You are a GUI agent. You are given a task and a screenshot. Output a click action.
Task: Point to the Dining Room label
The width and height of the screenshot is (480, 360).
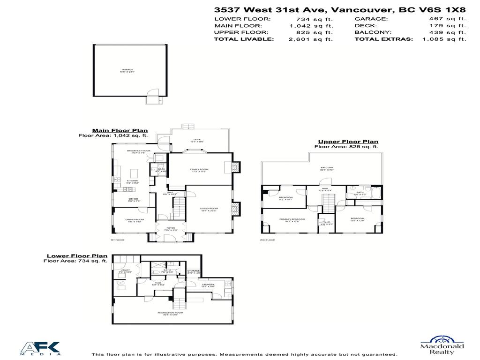coord(134,220)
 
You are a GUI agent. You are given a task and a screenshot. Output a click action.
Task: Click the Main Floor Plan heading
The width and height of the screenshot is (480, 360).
coord(120,131)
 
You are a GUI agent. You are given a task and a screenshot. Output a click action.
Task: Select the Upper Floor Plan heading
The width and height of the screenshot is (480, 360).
coord(348,142)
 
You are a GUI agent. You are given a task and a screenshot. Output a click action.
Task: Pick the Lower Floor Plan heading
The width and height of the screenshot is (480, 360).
coord(77,256)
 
